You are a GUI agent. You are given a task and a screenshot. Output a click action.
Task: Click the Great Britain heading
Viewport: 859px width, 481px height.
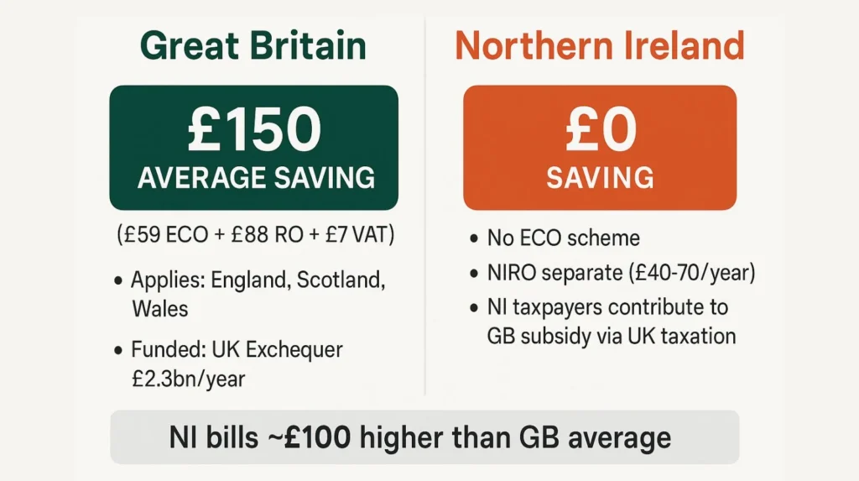click(253, 45)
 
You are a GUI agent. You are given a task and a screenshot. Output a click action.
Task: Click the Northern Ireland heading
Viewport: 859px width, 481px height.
click(600, 45)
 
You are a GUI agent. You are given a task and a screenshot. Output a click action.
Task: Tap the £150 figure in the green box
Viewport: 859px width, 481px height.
click(253, 129)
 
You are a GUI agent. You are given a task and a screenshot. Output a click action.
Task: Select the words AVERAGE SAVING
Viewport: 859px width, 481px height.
click(255, 177)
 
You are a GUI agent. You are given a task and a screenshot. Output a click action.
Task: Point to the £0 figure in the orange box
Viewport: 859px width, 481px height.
click(599, 129)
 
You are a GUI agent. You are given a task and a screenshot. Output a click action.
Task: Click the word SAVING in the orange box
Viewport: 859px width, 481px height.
click(600, 177)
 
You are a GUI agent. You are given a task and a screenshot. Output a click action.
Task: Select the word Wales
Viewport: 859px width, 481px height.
click(160, 308)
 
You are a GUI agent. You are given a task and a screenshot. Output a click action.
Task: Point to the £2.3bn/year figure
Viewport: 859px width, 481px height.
click(188, 378)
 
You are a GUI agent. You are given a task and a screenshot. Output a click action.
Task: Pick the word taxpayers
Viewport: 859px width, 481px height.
click(558, 306)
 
